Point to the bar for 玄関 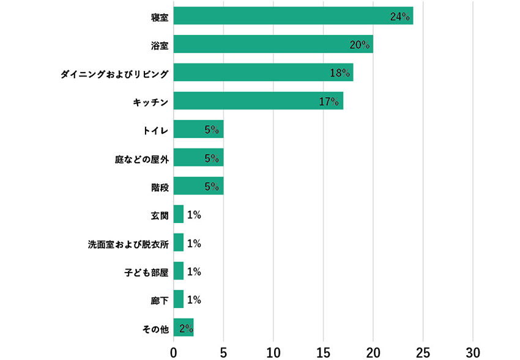(x=178, y=215)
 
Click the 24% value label (x=399, y=16)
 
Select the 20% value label (x=360, y=45)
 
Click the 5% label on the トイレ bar (x=212, y=130)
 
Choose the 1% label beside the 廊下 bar (x=194, y=299)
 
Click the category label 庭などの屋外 (x=142, y=158)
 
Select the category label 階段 (x=160, y=186)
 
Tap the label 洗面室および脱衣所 (x=128, y=243)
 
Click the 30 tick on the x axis (x=473, y=353)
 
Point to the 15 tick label (x=323, y=353)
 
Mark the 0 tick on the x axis (x=174, y=353)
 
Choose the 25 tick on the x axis (x=423, y=353)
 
